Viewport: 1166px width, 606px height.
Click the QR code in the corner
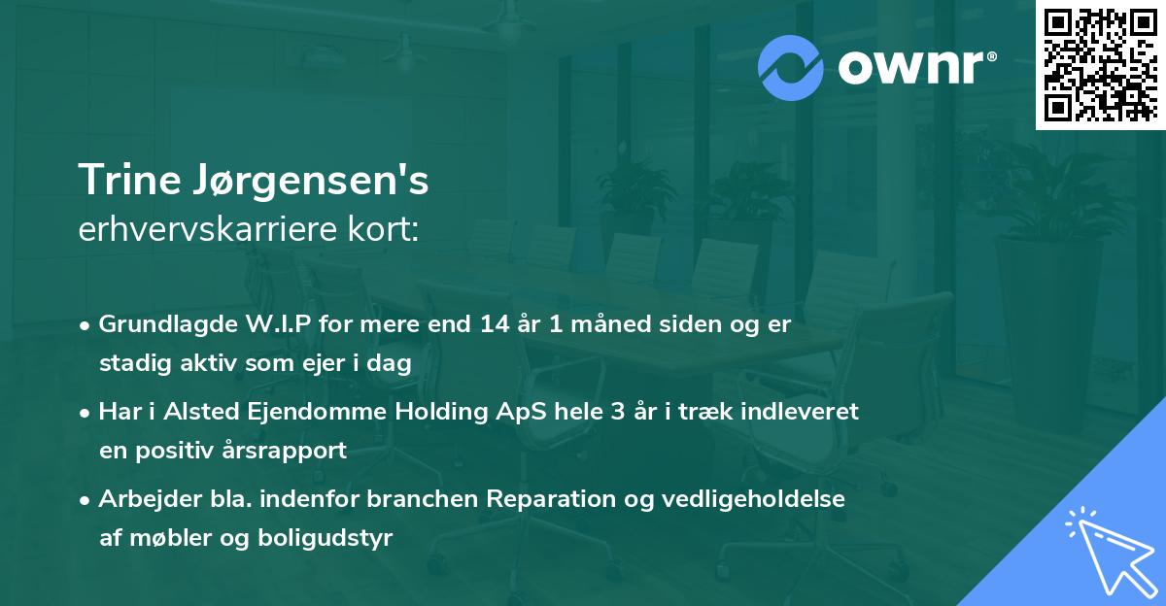tap(1100, 65)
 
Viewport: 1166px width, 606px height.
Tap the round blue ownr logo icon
tap(791, 68)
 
